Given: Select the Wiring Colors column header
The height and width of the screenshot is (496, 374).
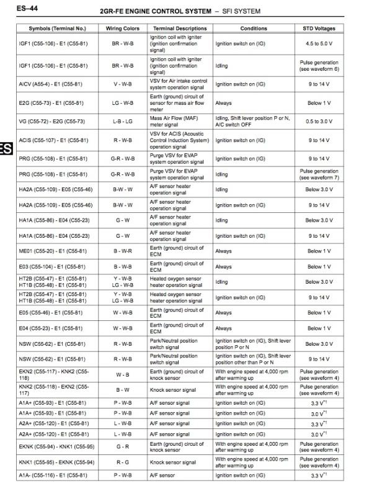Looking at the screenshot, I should pyautogui.click(x=122, y=29).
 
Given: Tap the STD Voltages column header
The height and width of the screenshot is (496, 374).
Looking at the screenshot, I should pyautogui.click(x=319, y=29).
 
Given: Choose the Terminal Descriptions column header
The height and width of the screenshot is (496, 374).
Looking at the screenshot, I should pyautogui.click(x=180, y=29).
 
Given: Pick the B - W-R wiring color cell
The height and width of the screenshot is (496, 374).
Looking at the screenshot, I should pyautogui.click(x=122, y=251).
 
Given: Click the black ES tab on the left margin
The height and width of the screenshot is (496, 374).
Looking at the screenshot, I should pyautogui.click(x=5, y=148).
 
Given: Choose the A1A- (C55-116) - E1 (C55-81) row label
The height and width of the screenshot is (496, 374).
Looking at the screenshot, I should pyautogui.click(x=52, y=476).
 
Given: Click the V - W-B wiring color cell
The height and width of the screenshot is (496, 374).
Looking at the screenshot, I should pyautogui.click(x=122, y=84).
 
